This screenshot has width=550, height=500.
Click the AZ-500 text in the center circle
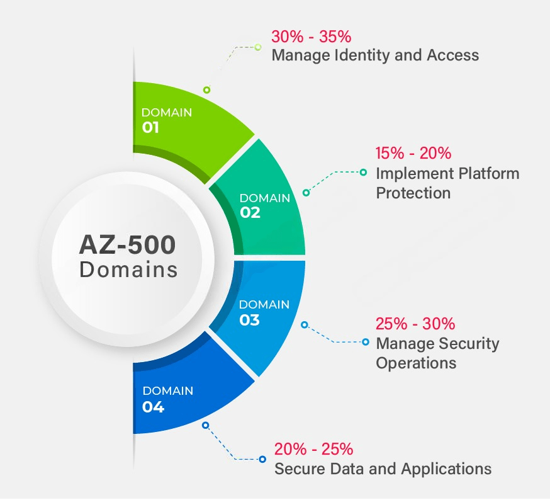click(128, 244)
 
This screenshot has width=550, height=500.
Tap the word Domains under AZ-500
click(128, 270)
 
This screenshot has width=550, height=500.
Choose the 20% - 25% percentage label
click(313, 450)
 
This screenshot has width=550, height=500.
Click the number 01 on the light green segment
click(150, 128)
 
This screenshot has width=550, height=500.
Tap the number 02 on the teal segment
click(250, 213)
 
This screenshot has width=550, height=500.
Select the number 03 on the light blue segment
click(249, 320)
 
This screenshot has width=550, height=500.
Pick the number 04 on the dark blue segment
click(153, 407)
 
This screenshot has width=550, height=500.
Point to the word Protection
click(413, 193)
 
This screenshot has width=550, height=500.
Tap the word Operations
click(416, 363)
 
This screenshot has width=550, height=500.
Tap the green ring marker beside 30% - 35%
click(258, 47)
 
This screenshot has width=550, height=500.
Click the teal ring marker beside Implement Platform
click(363, 171)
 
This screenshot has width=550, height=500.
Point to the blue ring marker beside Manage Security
click(365, 342)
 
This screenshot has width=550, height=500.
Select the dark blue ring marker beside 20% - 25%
click(261, 460)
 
